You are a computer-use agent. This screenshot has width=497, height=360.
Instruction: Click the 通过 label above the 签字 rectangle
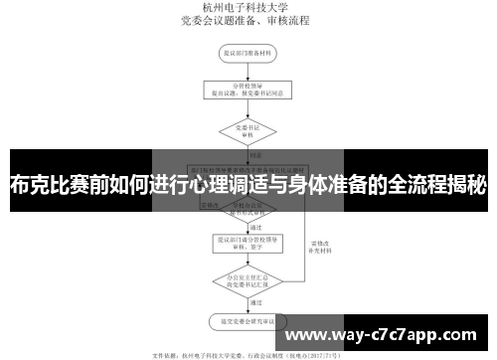point(255,200)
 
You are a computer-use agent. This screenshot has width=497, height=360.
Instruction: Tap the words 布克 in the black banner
point(28,183)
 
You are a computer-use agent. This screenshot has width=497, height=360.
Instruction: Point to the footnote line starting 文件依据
point(248,352)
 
